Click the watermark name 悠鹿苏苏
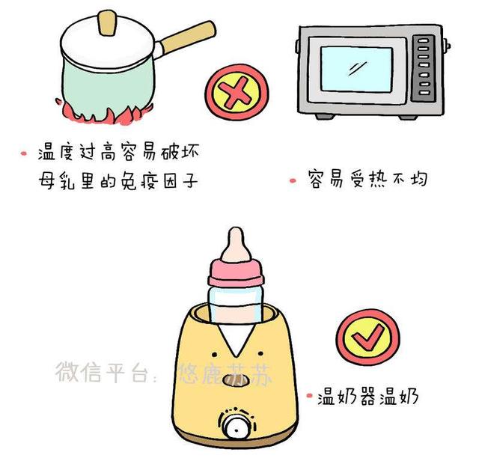click(x=222, y=372)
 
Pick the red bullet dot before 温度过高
click(x=24, y=154)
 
